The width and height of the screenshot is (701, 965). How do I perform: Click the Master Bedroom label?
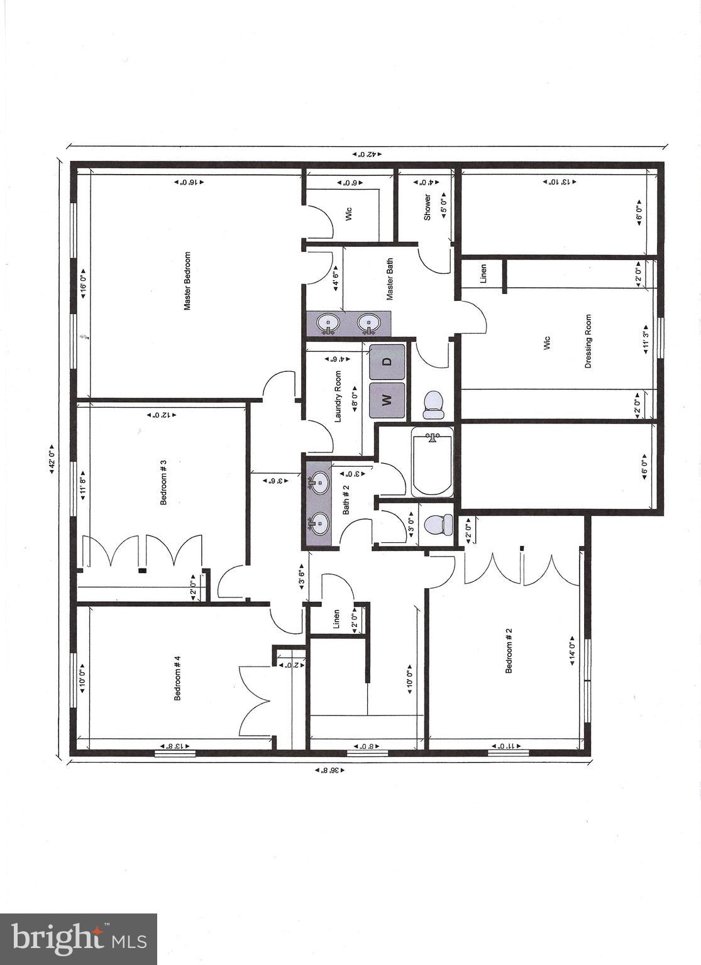coord(187,281)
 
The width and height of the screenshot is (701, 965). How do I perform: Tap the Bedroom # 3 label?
coord(163,482)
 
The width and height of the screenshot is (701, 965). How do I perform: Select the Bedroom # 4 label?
coord(178,678)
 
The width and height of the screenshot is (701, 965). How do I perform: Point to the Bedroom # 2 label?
coord(509,650)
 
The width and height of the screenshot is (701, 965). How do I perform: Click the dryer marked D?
coord(387,361)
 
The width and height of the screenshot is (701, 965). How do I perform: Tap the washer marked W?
coord(387,400)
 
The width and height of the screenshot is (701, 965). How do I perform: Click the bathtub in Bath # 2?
coord(433,462)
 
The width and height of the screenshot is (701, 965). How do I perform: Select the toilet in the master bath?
coord(433,405)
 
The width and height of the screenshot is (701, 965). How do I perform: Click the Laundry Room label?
coord(338,396)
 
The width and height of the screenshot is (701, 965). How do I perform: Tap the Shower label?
coord(428,207)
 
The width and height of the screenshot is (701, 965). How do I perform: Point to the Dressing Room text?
coord(588,341)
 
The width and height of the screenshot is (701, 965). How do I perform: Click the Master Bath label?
coord(390,278)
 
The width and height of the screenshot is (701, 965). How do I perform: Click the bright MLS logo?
coord(79,939)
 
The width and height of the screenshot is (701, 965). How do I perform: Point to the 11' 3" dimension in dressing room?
coord(645,341)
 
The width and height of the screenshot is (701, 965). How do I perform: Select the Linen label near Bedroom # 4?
coord(336,619)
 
